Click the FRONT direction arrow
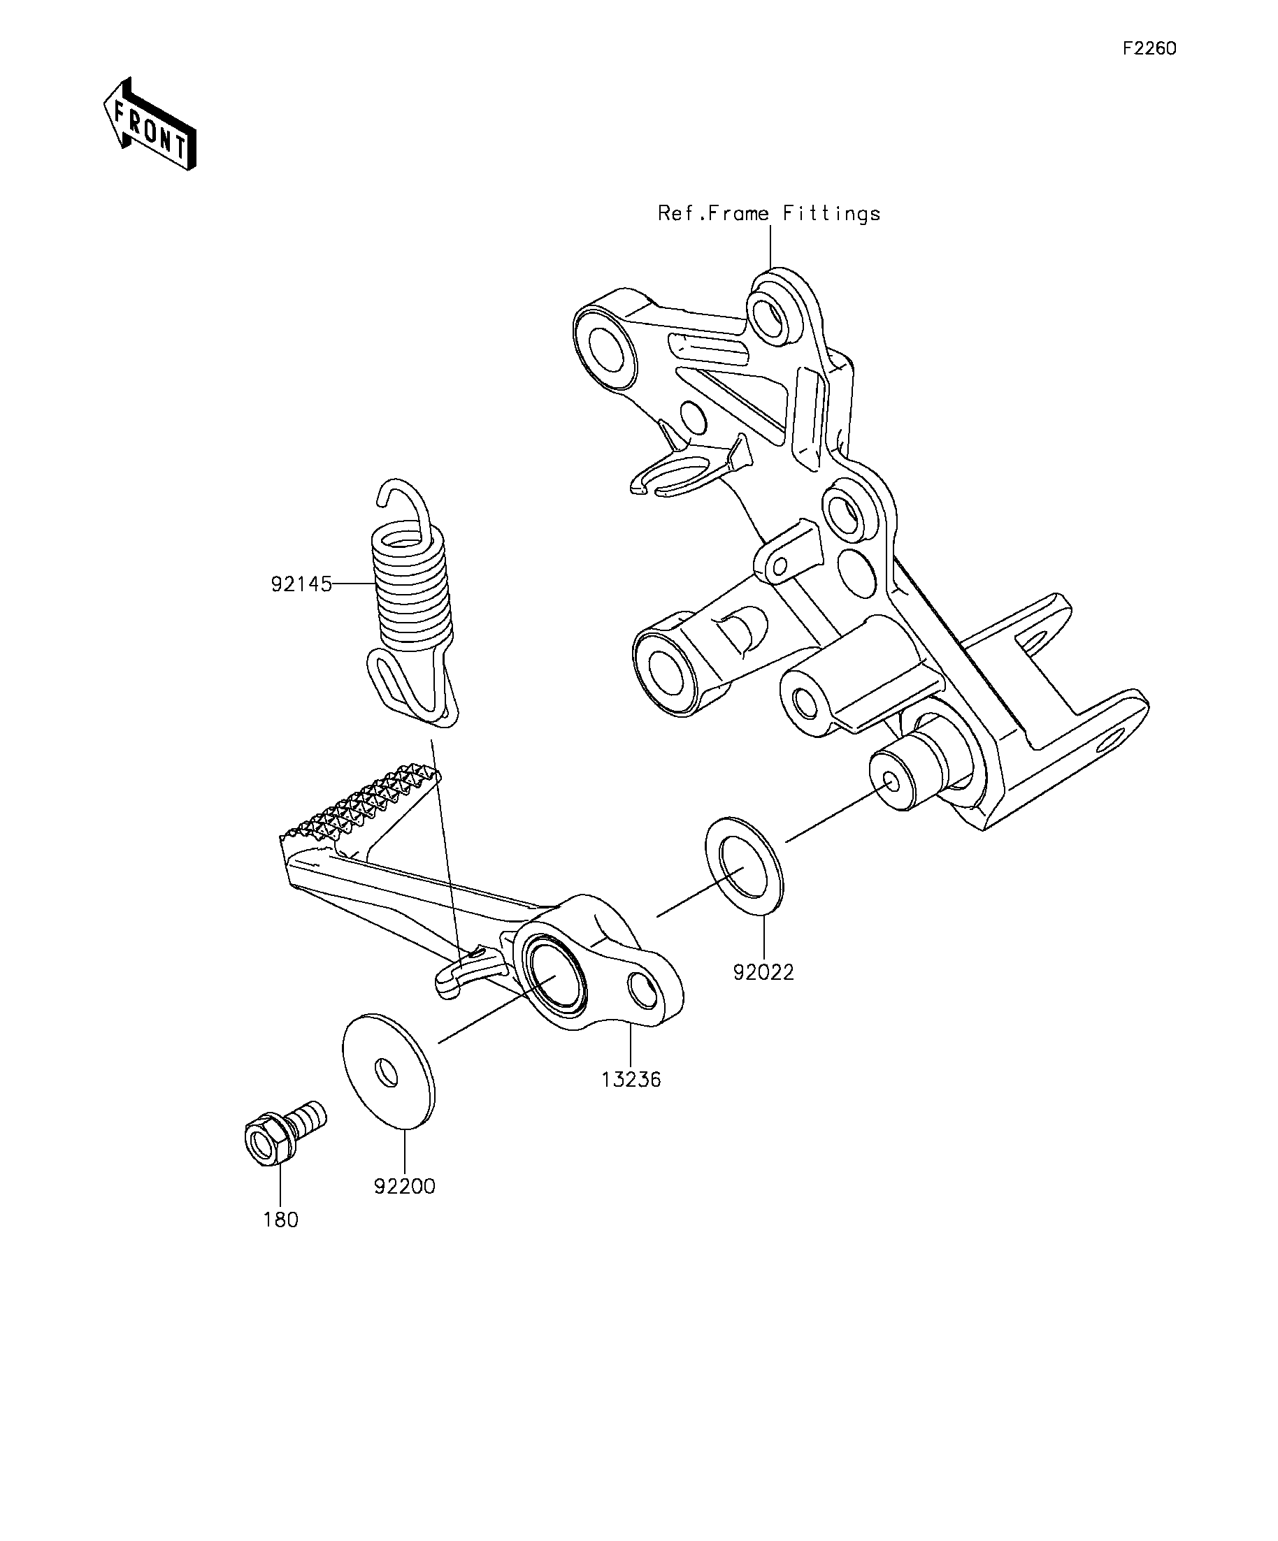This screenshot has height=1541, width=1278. click(150, 124)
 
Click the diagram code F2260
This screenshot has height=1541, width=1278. click(1149, 48)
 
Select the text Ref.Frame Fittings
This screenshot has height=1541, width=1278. click(768, 214)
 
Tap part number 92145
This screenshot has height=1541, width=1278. click(301, 585)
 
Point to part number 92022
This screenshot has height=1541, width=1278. click(763, 972)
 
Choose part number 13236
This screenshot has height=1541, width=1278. click(631, 1080)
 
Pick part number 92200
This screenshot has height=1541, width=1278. click(405, 1186)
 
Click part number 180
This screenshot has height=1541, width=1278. click(281, 1220)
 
